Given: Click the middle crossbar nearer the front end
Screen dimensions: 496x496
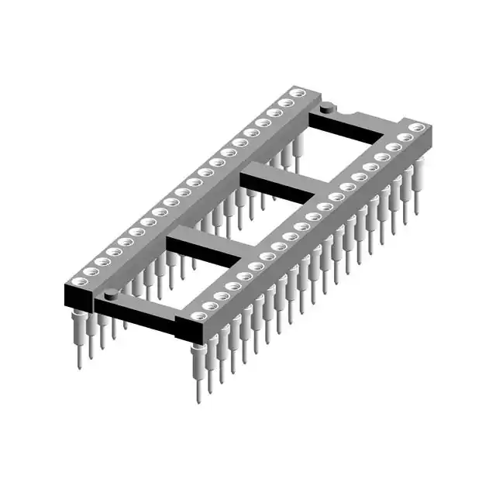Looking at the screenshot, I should coord(205,248).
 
